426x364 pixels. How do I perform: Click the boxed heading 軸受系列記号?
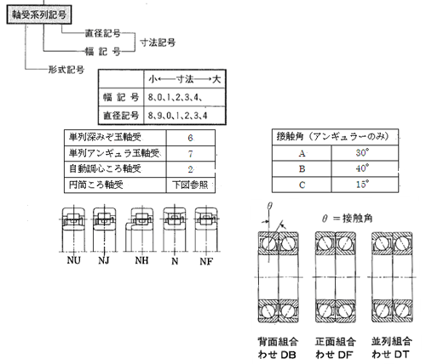click(x=39, y=14)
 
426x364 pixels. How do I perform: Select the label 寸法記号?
click(x=158, y=43)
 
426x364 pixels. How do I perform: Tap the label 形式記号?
click(x=66, y=69)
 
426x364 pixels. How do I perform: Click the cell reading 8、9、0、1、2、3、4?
click(x=177, y=116)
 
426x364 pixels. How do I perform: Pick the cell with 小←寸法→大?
click(x=185, y=79)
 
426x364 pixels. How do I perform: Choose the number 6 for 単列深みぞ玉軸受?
click(x=190, y=138)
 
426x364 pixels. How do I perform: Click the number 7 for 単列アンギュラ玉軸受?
click(x=190, y=154)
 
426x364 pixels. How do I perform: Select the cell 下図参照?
click(x=190, y=185)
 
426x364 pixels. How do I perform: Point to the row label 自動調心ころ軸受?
click(x=105, y=169)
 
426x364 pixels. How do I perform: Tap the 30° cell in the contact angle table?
click(x=362, y=153)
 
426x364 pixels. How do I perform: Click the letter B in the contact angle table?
click(x=302, y=169)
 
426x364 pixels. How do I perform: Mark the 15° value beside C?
click(x=362, y=185)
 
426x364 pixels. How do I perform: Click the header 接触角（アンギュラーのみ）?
click(x=332, y=137)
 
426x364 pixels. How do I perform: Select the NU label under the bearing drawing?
click(x=74, y=260)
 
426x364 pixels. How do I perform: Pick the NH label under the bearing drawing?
click(x=141, y=260)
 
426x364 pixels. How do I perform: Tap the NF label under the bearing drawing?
click(x=206, y=261)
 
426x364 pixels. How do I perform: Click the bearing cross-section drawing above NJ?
click(x=105, y=230)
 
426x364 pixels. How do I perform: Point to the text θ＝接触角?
click(x=348, y=219)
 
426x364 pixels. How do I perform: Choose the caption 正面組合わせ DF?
click(x=336, y=348)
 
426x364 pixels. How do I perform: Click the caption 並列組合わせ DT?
click(x=392, y=348)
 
